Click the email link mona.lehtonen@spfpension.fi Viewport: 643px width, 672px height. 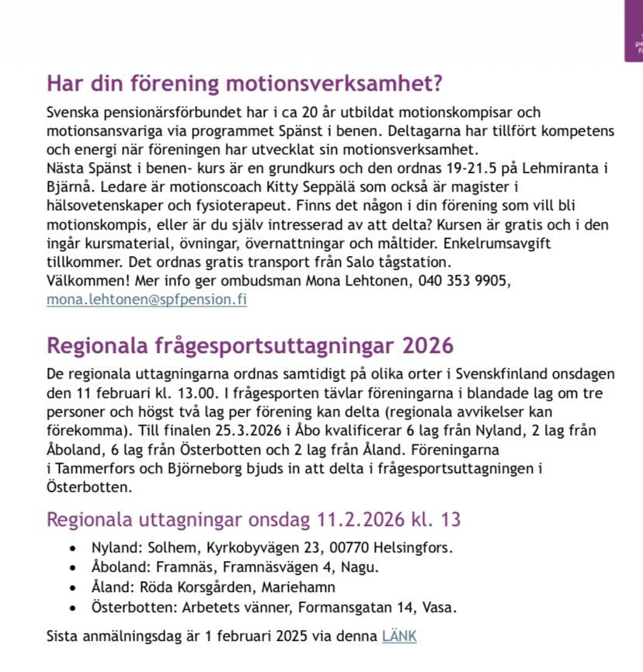[147, 299]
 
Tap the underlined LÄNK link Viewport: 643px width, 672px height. [399, 636]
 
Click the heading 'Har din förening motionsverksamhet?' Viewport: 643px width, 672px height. [249, 82]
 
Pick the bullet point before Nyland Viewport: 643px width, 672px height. [72, 548]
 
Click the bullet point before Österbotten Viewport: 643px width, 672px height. [72, 607]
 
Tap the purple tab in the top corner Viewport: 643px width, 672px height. [634, 31]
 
